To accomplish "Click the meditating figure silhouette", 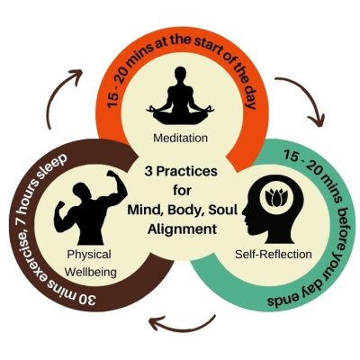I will point(179,104).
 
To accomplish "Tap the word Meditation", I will point(180,138).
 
